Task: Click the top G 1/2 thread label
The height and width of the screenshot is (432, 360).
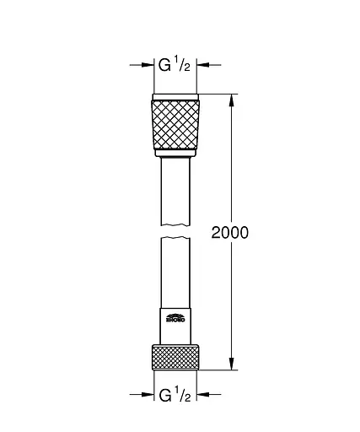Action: (175, 63)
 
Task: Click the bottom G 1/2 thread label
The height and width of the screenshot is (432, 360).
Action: (175, 393)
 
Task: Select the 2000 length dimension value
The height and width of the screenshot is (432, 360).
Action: (230, 232)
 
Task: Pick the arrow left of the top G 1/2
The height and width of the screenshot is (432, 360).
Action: (145, 63)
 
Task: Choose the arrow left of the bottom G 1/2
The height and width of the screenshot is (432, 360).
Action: (145, 393)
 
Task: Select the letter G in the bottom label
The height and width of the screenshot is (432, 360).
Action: (165, 393)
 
